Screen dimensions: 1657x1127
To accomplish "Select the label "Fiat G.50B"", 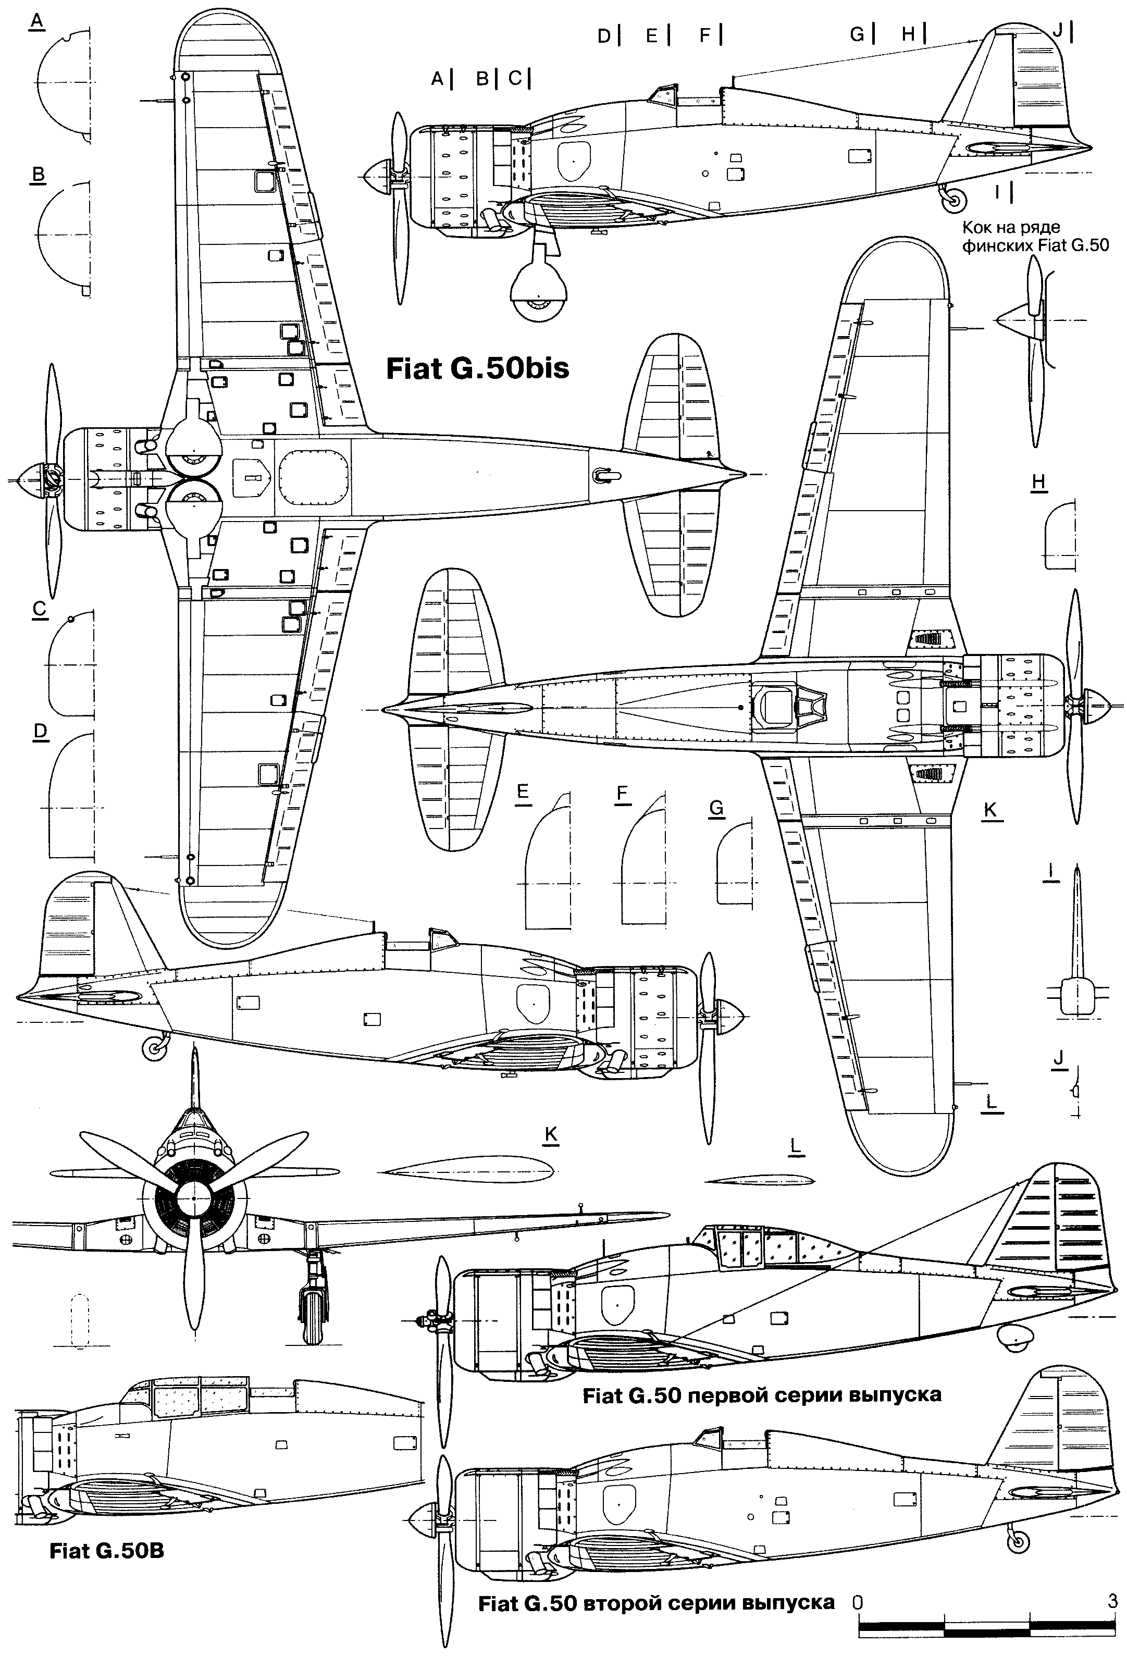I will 107,1550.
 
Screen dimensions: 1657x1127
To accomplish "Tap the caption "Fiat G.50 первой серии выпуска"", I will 761,1394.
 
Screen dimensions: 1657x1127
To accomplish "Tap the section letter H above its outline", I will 1038,482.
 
